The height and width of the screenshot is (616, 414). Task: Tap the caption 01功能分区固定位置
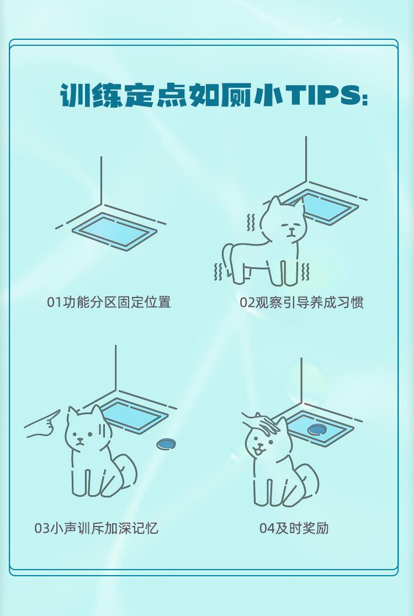(x=109, y=302)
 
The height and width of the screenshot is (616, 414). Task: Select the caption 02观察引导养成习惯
(x=301, y=302)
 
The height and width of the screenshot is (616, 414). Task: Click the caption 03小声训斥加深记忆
(x=96, y=528)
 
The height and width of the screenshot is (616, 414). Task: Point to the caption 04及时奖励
(x=294, y=528)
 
